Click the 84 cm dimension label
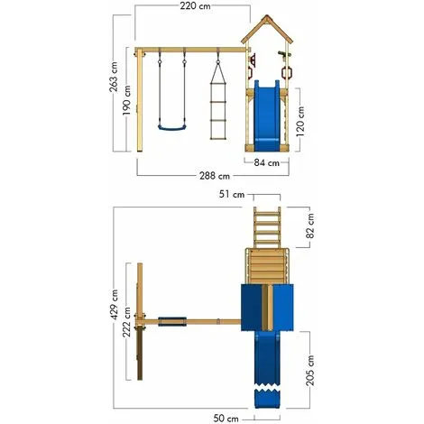266,162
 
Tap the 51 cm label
238,194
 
